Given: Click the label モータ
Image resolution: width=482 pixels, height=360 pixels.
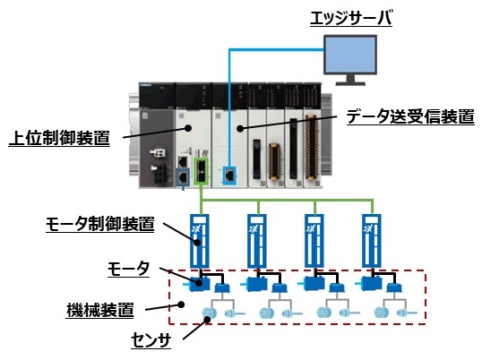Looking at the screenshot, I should click(x=126, y=270).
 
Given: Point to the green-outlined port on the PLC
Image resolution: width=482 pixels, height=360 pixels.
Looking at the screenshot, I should click(x=202, y=172).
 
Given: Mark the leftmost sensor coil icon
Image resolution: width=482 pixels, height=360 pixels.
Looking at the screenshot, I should click(x=208, y=314).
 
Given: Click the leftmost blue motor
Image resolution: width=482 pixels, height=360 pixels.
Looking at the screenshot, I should click(x=198, y=284).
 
